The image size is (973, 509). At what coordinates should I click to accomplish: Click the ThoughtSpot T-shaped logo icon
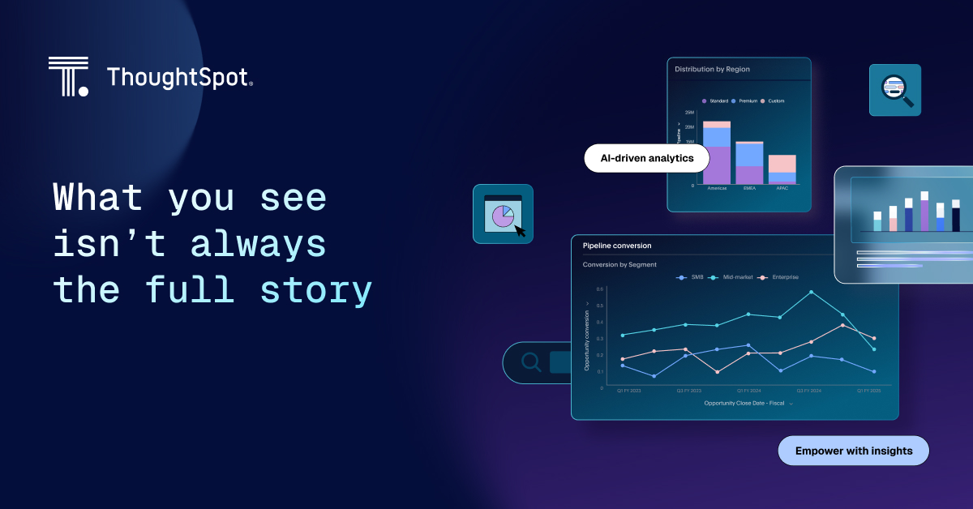(x=68, y=77)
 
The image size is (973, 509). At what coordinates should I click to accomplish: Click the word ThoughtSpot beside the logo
(x=179, y=78)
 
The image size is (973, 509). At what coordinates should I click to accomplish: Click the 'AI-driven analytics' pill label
(x=641, y=158)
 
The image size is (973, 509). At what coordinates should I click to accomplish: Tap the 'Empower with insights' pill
(x=853, y=451)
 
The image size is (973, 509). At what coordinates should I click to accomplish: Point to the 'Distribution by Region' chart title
(x=712, y=70)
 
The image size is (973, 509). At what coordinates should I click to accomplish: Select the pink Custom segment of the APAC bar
(x=782, y=164)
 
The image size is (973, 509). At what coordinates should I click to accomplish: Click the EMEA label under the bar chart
(x=749, y=188)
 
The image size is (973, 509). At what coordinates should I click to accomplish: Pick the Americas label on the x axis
(x=717, y=188)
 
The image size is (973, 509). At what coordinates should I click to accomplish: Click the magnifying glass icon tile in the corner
(x=895, y=90)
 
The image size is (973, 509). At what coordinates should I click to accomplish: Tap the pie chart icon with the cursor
(x=504, y=215)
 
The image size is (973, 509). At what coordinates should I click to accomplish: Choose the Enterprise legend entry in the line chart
(x=778, y=277)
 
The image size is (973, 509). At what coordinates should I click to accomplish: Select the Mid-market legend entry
(x=731, y=277)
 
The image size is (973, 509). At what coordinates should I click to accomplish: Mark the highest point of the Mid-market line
(x=812, y=292)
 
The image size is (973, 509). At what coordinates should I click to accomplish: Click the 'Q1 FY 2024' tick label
(x=749, y=390)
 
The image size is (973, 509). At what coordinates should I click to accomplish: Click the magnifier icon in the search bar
(x=531, y=362)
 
